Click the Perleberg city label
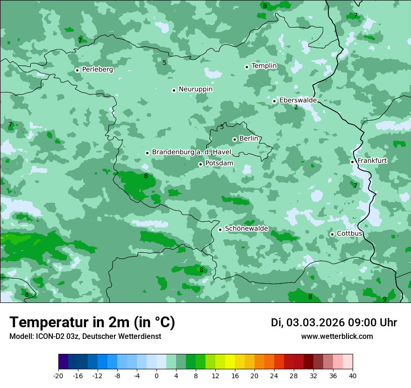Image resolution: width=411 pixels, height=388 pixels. (x=97, y=70)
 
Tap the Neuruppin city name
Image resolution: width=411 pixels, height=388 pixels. (x=195, y=89)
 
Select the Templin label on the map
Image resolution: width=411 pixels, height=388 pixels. (x=264, y=66)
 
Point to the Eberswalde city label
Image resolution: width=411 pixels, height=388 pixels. (x=298, y=101)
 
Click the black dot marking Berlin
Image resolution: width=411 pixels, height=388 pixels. (x=234, y=139)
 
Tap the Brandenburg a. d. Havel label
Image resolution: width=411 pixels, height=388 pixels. (x=191, y=152)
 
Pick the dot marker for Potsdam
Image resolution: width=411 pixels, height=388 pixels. (x=200, y=164)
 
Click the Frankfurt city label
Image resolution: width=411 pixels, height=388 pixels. (x=372, y=161)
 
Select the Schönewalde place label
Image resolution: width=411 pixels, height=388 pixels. (x=246, y=229)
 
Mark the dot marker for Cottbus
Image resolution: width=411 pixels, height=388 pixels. (x=332, y=234)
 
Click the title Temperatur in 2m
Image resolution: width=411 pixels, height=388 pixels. (x=92, y=322)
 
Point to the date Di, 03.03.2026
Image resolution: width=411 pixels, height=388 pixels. (x=307, y=323)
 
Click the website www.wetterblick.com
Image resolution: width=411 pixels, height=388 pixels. (x=337, y=337)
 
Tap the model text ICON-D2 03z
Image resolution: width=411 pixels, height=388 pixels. (x=56, y=337)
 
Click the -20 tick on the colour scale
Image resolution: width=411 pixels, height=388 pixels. (x=58, y=376)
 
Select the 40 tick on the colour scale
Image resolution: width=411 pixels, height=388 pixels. (x=353, y=376)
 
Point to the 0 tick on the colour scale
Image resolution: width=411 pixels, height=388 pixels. (x=156, y=376)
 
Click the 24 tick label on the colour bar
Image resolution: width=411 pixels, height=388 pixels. (x=274, y=376)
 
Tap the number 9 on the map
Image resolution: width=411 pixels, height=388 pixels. (x=384, y=299)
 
